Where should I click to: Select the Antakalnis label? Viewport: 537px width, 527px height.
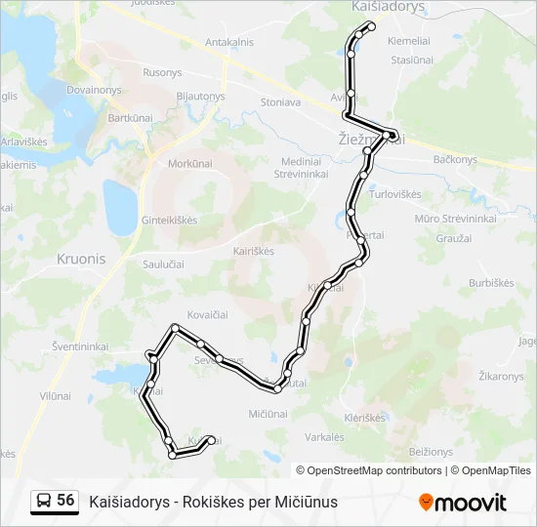[x=228, y=42]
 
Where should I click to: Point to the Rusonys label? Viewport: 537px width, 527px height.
[x=162, y=72]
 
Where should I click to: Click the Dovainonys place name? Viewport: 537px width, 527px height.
[x=94, y=90]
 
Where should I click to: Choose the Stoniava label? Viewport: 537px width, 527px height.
[x=280, y=101]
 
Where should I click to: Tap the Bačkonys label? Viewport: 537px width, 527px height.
[x=454, y=159]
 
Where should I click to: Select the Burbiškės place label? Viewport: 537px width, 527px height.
[x=490, y=283]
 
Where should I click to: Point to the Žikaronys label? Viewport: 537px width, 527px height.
[x=502, y=376]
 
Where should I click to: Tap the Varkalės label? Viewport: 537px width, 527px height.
[x=323, y=436]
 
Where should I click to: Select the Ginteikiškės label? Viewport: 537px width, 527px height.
[x=170, y=220]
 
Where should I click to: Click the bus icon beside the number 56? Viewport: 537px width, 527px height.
[x=44, y=501]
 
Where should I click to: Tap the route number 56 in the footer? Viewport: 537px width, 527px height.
[x=65, y=501]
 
